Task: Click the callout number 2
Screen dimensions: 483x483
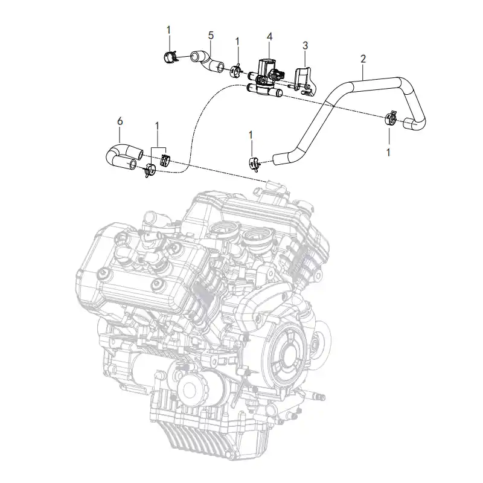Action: [x=363, y=59]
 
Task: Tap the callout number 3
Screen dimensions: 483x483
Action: [x=305, y=46]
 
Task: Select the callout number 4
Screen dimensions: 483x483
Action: [x=269, y=37]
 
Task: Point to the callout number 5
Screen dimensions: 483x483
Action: [x=211, y=36]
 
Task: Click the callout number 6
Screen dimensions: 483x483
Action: [x=120, y=121]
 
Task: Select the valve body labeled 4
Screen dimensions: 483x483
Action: [x=266, y=77]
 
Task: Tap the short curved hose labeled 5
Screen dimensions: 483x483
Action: [x=207, y=62]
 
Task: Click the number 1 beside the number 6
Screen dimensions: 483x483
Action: [x=157, y=126]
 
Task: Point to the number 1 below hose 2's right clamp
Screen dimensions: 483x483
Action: [x=388, y=152]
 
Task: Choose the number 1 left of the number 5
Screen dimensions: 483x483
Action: [x=168, y=30]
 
